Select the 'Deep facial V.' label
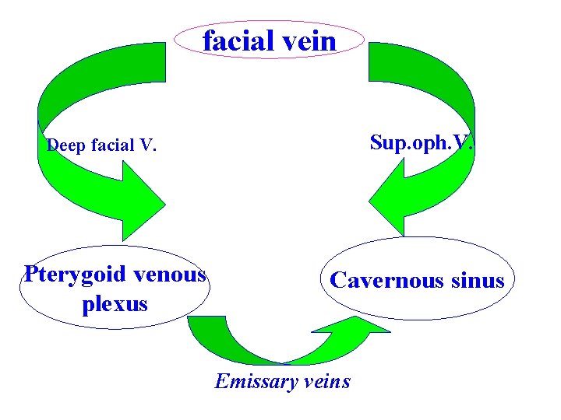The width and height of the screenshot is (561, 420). (102, 145)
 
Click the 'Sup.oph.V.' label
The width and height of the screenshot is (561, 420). (422, 143)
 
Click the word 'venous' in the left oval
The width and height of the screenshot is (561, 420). (170, 275)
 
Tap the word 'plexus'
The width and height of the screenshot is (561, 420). (115, 303)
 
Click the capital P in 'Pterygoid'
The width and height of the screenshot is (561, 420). (30, 275)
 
